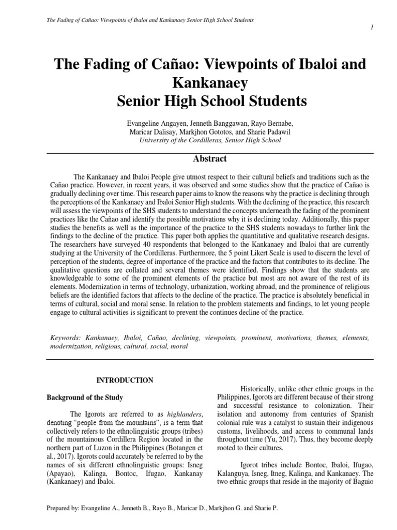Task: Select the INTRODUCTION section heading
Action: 125,380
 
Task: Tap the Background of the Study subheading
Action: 85,397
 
